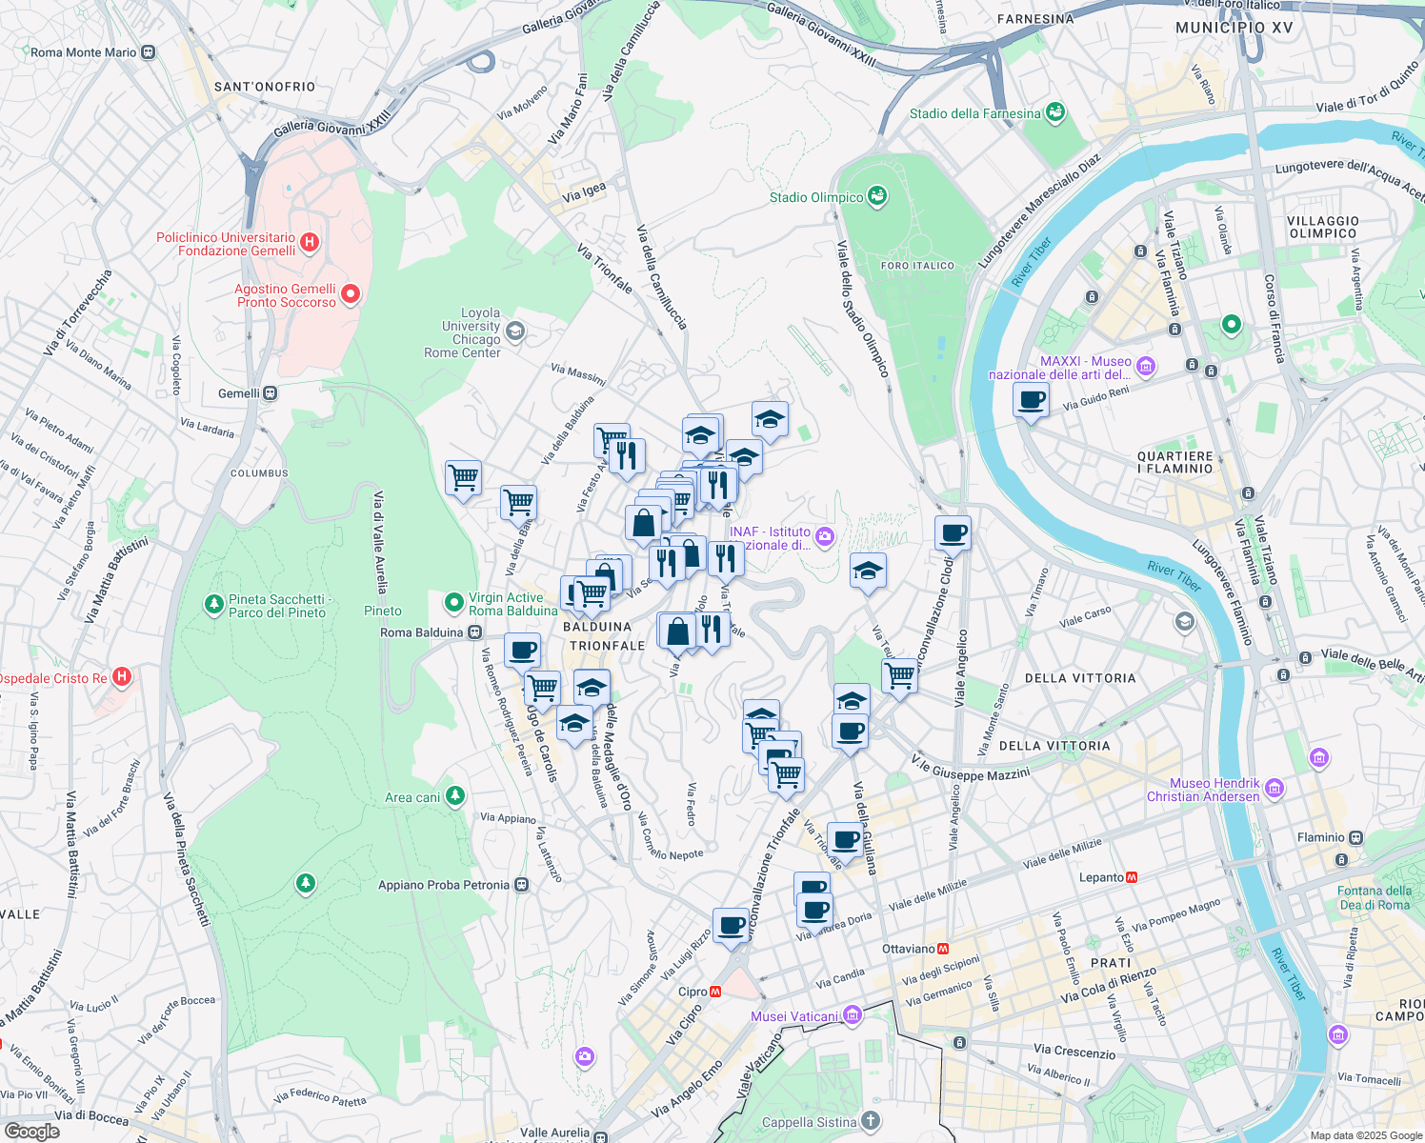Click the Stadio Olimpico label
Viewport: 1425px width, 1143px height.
(x=816, y=197)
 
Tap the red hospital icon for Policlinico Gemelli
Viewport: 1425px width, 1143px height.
(x=310, y=243)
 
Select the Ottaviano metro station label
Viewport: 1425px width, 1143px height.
(x=908, y=949)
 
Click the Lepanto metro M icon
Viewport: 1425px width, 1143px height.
(x=1133, y=877)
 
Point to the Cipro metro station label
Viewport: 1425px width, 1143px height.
(x=692, y=992)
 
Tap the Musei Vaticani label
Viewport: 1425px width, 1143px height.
(x=794, y=1016)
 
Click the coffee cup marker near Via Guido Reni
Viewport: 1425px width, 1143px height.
(x=1031, y=400)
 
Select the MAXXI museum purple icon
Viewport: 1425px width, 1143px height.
(x=1146, y=366)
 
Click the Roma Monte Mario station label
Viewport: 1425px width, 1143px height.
(x=84, y=52)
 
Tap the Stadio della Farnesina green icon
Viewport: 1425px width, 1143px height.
(x=1054, y=112)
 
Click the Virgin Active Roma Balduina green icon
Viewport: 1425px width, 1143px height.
(x=454, y=602)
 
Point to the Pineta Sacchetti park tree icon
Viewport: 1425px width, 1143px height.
(x=214, y=604)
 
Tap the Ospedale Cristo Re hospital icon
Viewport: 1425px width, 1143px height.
(x=121, y=677)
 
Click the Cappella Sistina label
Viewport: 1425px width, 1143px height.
(x=809, y=1122)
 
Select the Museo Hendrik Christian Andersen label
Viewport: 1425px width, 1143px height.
(x=1203, y=790)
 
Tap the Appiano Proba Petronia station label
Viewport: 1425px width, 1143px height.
(x=444, y=885)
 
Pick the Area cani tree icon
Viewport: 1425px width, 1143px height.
(x=455, y=795)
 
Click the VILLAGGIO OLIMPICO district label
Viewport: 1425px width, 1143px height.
(x=1322, y=227)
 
